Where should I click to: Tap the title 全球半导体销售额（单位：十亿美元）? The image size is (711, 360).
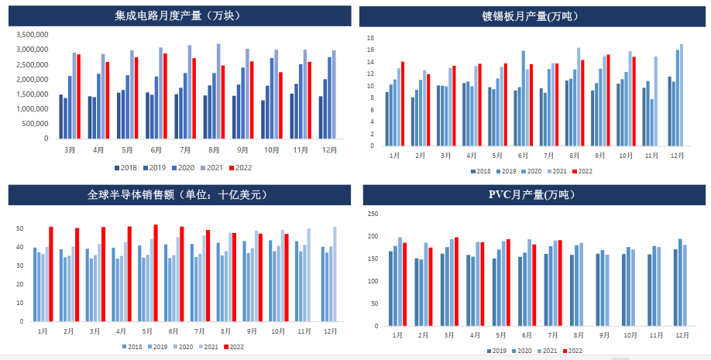coord(178,194)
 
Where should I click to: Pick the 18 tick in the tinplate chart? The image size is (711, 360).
coord(370,38)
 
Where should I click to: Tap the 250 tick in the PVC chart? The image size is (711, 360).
coord(373,214)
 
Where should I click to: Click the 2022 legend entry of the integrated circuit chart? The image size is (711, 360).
coord(242,167)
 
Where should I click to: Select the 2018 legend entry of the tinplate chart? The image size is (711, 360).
coord(479,171)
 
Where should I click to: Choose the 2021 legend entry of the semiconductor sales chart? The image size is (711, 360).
coord(210,346)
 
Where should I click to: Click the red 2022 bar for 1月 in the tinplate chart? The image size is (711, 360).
coord(403,103)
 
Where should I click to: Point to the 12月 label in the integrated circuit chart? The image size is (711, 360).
coord(328,149)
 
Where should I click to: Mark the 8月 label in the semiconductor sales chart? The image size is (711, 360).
coord(225,330)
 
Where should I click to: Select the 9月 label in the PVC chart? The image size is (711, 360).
coord(603,335)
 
